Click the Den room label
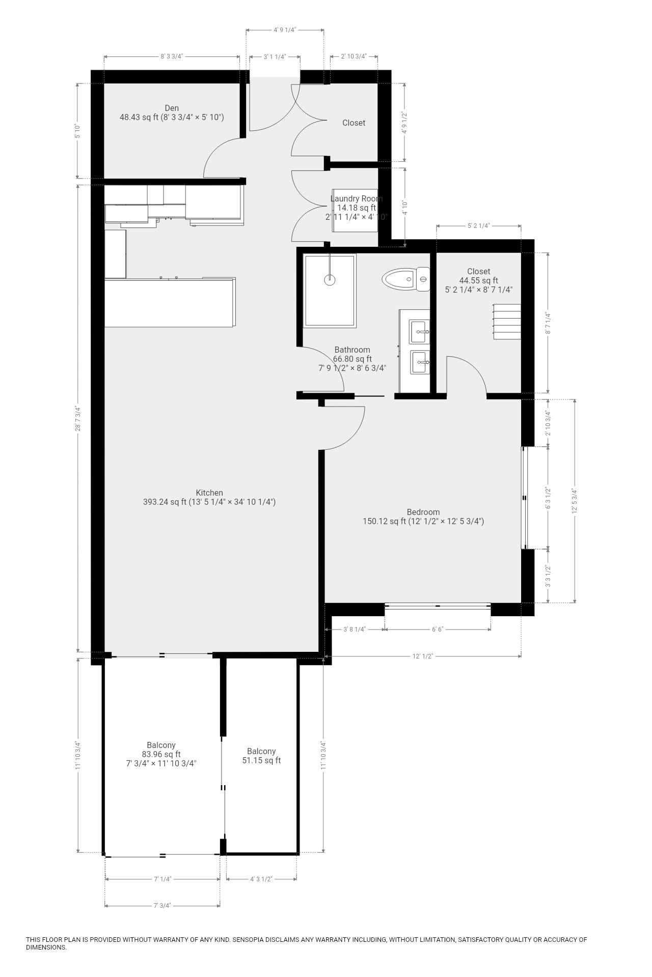pyautogui.click(x=172, y=108)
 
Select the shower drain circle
pyautogui.click(x=331, y=279)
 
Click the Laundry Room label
pyautogui.click(x=357, y=198)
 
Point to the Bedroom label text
pyautogui.click(x=423, y=512)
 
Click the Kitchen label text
pyautogui.click(x=209, y=493)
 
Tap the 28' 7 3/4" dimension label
pyautogui.click(x=78, y=418)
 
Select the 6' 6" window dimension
pyautogui.click(x=438, y=629)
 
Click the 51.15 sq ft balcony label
pyautogui.click(x=261, y=760)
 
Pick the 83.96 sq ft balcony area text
pyautogui.click(x=161, y=754)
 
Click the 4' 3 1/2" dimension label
pyautogui.click(x=262, y=879)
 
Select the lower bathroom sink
pyautogui.click(x=420, y=362)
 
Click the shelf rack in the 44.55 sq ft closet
pyautogui.click(x=507, y=322)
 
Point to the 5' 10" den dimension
pyautogui.click(x=77, y=131)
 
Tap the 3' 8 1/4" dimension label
pyautogui.click(x=355, y=629)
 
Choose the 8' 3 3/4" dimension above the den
pyautogui.click(x=172, y=56)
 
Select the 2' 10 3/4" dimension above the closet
pyautogui.click(x=354, y=56)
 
